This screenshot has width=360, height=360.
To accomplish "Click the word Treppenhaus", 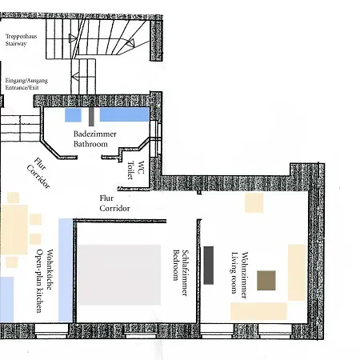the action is (22, 36).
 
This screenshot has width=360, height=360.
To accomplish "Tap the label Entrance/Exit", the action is (22, 87).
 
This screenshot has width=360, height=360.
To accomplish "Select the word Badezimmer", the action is (95, 134).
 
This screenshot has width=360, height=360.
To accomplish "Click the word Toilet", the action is (130, 170).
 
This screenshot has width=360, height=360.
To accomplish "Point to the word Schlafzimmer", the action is (185, 273).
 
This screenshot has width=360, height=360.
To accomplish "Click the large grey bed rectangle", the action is (119, 274).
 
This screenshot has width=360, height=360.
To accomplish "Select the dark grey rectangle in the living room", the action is (209, 266).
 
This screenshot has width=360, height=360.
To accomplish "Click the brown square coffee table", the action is (266, 280).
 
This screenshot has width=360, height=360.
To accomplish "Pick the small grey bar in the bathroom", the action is (91, 116).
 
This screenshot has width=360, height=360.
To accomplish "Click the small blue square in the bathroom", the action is (73, 115).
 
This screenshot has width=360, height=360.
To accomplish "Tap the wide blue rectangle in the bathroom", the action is (124, 114).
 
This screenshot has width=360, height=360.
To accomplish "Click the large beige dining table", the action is (14, 230).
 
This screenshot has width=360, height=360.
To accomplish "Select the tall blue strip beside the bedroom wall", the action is (66, 270).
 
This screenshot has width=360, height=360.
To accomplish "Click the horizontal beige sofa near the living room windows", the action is (258, 311).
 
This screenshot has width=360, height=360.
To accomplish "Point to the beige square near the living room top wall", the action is (254, 203).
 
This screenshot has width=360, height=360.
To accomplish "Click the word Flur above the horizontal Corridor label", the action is (106, 198).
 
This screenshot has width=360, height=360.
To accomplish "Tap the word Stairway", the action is (16, 44).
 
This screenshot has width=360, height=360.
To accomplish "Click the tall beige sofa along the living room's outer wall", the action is (297, 272).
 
